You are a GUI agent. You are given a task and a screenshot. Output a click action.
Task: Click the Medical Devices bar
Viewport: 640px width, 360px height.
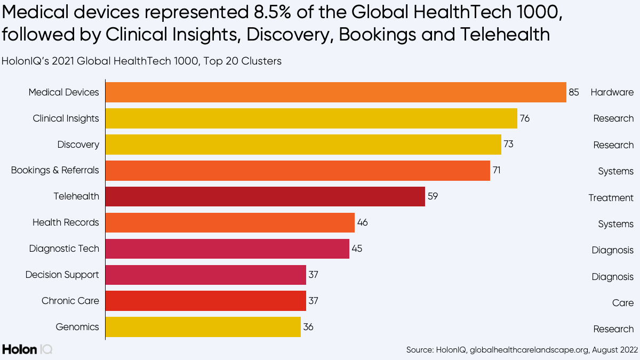tap(335, 92)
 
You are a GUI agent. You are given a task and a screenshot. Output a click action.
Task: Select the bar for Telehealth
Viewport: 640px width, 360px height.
tap(265, 196)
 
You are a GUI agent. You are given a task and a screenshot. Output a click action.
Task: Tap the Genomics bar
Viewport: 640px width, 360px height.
tap(203, 327)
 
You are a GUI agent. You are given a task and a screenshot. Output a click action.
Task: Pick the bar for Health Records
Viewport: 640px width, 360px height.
tap(230, 222)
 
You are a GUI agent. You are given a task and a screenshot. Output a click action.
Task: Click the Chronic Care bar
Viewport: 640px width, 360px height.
tap(205, 301)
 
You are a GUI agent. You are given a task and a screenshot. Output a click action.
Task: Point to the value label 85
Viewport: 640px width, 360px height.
tap(573, 92)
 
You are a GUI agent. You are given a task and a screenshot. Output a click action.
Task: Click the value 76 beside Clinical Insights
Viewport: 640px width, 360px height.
tap(524, 118)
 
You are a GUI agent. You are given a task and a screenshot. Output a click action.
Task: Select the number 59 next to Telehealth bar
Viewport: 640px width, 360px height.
tap(432, 196)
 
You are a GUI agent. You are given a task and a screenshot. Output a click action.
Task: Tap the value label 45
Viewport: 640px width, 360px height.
tap(357, 249)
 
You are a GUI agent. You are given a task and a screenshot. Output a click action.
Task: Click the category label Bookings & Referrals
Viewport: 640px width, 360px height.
tap(55, 171)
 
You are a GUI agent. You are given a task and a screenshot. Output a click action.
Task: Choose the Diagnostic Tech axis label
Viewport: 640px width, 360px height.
tap(64, 249)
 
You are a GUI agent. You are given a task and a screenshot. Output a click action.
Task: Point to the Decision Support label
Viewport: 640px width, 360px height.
tap(62, 275)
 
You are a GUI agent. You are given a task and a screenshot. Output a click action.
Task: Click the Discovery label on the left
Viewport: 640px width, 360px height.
tap(78, 145)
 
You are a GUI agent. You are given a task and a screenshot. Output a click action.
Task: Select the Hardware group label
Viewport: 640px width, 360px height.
tap(612, 92)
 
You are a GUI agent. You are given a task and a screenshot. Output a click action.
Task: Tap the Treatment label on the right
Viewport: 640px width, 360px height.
tap(611, 198)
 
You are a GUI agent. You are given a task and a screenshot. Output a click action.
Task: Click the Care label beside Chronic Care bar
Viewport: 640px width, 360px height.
tap(622, 303)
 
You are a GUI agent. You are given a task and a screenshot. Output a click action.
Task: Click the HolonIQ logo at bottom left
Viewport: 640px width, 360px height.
tap(27, 349)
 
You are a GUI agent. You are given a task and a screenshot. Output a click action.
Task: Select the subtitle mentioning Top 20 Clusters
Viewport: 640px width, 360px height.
tap(141, 61)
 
